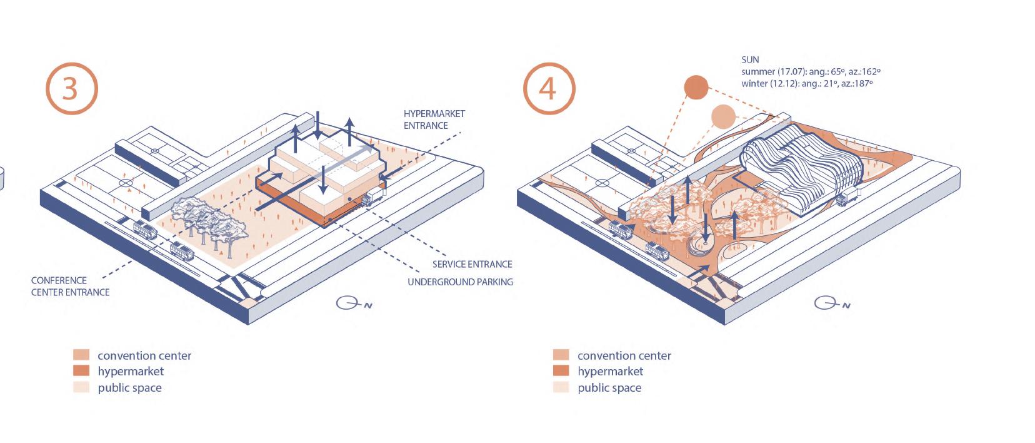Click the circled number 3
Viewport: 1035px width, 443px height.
click(x=71, y=88)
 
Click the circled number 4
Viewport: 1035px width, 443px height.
click(x=547, y=88)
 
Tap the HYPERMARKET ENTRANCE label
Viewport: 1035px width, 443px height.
click(x=434, y=120)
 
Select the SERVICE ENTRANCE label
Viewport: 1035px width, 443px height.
click(x=472, y=264)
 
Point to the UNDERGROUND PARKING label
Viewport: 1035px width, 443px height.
click(x=460, y=282)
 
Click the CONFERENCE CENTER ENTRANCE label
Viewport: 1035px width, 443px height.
click(x=70, y=286)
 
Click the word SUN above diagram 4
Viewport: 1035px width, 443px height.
click(x=750, y=59)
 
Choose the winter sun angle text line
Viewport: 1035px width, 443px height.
click(x=806, y=83)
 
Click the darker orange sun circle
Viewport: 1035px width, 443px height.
click(x=696, y=88)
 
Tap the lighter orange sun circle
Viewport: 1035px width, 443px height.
click(x=723, y=116)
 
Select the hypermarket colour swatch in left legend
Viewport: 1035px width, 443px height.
click(x=81, y=371)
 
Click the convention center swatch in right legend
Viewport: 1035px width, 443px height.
click(x=561, y=355)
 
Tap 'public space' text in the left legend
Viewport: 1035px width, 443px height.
click(x=129, y=388)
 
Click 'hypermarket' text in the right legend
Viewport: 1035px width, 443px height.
click(x=610, y=371)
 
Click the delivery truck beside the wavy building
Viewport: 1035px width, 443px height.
click(x=847, y=198)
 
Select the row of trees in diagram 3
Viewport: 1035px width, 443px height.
click(x=209, y=222)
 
